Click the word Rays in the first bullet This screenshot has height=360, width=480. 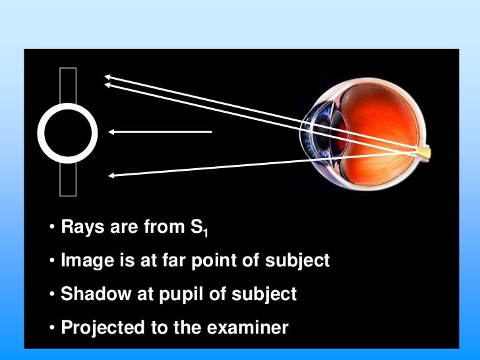[x=80, y=230]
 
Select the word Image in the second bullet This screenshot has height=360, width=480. [x=82, y=262]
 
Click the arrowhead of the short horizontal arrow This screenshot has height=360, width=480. [x=113, y=132]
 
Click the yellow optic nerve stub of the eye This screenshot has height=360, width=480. [x=422, y=153]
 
